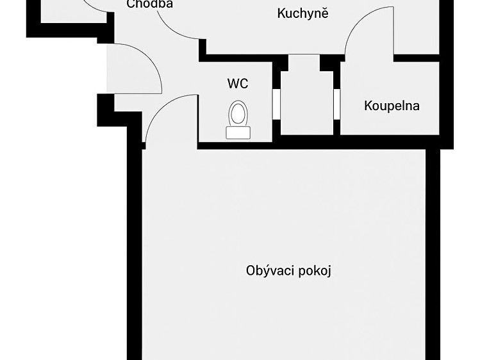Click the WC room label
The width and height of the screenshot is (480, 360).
point(238,83)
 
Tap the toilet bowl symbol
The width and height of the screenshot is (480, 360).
point(238,113)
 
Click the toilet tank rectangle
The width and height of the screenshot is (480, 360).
point(238,133)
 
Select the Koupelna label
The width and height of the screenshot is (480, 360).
point(392,106)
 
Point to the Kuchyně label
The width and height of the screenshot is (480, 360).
point(302,13)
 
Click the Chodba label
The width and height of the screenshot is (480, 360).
point(150,4)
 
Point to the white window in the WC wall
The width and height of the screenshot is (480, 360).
point(276,104)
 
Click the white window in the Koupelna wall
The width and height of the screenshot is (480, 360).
point(336,104)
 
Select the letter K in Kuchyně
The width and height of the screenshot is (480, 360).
point(281,13)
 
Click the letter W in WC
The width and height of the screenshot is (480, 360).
point(233,83)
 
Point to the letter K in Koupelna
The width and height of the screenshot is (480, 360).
point(368,106)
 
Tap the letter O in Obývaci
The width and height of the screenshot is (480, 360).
point(251,271)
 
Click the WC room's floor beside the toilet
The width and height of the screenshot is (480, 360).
point(214,122)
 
